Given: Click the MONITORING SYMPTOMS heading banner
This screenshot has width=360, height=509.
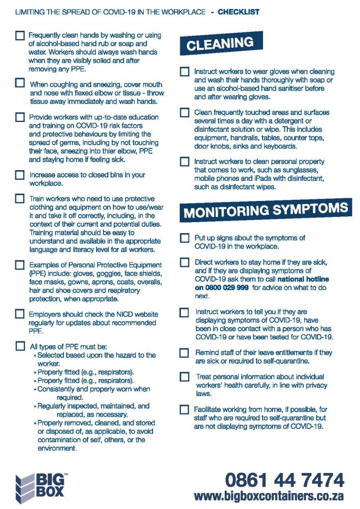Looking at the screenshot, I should click(266, 210).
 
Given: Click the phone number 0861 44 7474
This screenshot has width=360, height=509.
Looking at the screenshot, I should click(284, 480).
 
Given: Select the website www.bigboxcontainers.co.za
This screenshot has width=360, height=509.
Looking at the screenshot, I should click(269, 496).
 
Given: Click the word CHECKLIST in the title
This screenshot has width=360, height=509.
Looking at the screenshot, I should click(239, 12).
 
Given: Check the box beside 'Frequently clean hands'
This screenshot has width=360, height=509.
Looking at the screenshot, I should click(20, 36).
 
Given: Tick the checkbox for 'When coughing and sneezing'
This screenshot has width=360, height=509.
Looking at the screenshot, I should click(20, 83).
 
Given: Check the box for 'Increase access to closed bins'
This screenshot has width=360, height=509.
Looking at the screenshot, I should click(20, 174).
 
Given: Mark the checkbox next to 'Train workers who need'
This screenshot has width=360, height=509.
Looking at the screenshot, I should click(20, 199).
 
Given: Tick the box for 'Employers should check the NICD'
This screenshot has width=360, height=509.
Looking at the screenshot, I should click(20, 314).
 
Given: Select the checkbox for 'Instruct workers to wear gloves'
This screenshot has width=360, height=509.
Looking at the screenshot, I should click(185, 71).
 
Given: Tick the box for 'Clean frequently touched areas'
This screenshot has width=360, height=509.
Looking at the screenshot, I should click(185, 112).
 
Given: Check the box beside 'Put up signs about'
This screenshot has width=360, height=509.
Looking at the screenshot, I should click(185, 238).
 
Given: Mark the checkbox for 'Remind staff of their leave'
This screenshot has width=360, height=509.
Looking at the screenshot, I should click(185, 353).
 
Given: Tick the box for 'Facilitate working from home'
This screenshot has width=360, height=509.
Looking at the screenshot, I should click(185, 409).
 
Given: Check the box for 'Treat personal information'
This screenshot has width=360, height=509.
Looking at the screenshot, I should click(185, 377).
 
